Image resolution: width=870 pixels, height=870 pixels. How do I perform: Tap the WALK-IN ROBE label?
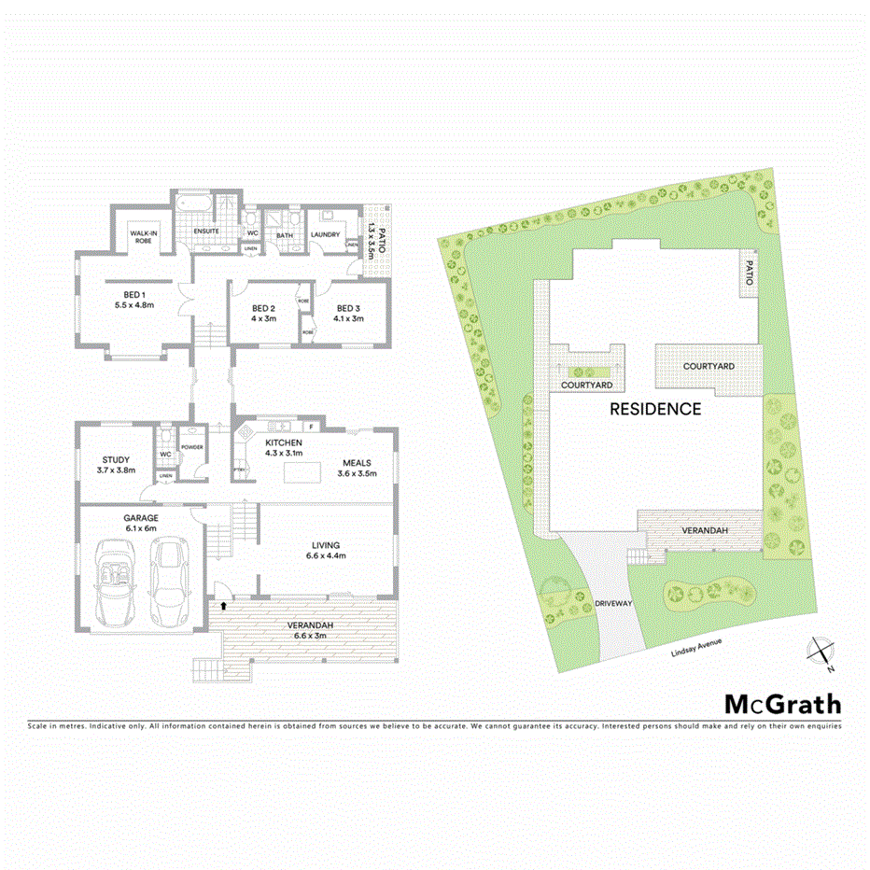(x=142, y=236)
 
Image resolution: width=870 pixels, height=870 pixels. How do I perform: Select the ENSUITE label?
(x=205, y=231)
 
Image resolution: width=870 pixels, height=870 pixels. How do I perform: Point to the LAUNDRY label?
(x=325, y=235)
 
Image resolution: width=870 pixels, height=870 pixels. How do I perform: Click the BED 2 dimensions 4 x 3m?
(x=263, y=318)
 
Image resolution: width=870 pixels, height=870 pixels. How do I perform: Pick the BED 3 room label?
(x=348, y=308)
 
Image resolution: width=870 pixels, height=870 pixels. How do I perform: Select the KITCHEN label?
(x=284, y=442)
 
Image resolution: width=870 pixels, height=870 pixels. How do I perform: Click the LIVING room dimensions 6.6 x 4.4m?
(x=327, y=556)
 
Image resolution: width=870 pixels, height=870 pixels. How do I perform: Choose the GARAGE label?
(x=141, y=517)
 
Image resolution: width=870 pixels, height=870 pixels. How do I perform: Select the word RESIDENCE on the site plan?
(x=654, y=409)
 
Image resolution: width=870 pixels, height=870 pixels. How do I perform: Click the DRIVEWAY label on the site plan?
(x=614, y=604)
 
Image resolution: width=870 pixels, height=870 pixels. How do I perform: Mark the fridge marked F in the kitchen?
(x=309, y=428)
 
